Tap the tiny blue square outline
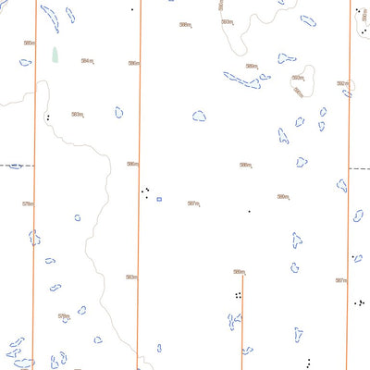[x=159, y=199]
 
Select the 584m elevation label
[x=88, y=61]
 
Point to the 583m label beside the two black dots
[x=78, y=115]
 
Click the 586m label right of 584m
[x=134, y=63]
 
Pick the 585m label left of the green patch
[x=30, y=43]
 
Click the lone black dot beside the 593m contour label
[x=132, y=9]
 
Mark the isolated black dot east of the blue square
[x=249, y=211]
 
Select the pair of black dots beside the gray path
[x=47, y=117]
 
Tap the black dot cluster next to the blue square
[x=145, y=192]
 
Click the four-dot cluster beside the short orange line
[x=238, y=296]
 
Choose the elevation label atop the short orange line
[x=240, y=272]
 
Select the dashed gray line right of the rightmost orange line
[x=359, y=169]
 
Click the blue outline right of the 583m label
[x=119, y=112]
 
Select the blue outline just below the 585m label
[x=26, y=63]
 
